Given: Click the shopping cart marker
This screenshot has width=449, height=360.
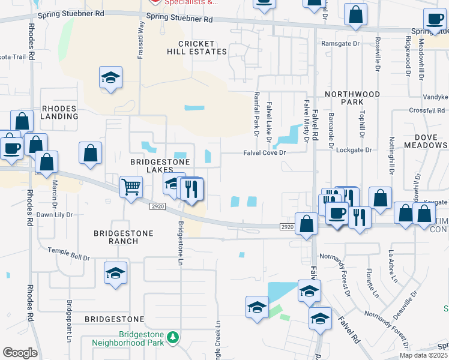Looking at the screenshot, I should click(x=131, y=187).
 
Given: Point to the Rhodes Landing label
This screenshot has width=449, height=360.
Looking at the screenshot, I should click(x=59, y=112).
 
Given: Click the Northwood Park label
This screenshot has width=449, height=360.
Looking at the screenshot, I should click(x=352, y=98).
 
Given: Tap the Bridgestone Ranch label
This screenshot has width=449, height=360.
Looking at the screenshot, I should click(x=124, y=237).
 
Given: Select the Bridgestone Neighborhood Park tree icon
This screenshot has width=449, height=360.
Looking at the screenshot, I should click(x=173, y=337).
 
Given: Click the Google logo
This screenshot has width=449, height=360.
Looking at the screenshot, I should click(x=20, y=353).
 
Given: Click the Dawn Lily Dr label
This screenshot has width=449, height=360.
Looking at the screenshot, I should click(x=55, y=214).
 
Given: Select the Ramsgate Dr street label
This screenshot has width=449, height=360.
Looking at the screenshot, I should click(x=340, y=44).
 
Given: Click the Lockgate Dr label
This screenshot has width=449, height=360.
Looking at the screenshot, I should click(x=351, y=150).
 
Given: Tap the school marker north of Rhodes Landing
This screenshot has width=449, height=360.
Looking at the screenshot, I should click(x=110, y=78).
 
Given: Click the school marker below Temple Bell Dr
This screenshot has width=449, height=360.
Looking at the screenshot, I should click(x=115, y=274).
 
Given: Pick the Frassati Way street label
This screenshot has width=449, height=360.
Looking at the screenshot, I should click(x=142, y=35).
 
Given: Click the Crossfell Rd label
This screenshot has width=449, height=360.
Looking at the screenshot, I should click(x=426, y=110).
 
